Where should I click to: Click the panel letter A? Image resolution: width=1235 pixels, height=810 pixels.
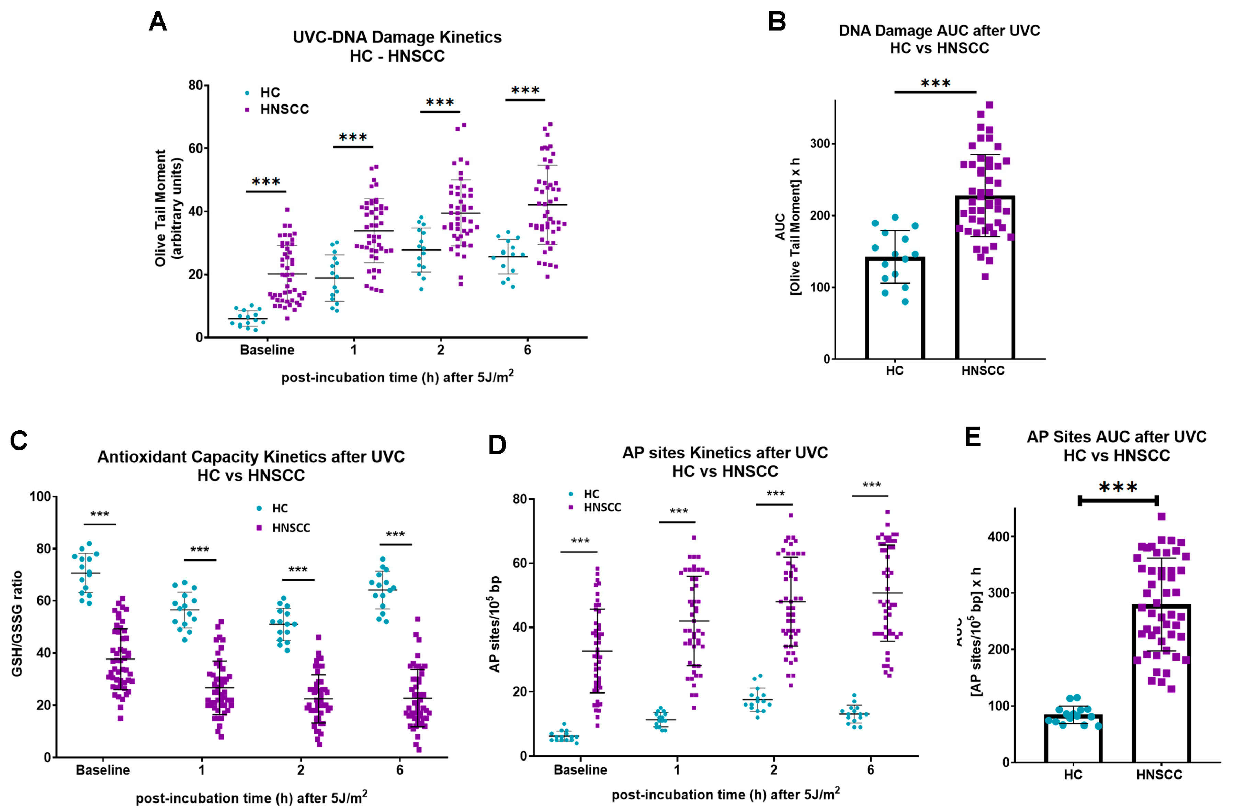click(158, 22)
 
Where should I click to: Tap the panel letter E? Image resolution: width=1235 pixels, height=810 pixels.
click(972, 437)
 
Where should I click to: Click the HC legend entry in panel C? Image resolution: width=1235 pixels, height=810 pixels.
click(279, 508)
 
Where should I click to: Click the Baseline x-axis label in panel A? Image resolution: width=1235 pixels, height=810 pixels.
click(267, 350)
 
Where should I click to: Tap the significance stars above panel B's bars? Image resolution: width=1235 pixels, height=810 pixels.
click(936, 84)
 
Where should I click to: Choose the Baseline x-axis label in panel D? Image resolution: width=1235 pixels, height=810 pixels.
click(580, 769)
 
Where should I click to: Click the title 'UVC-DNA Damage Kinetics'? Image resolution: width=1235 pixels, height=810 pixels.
click(397, 37)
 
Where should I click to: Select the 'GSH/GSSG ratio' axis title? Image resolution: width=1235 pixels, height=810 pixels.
click(17, 623)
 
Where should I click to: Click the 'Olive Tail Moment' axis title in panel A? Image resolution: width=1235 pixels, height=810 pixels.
click(161, 208)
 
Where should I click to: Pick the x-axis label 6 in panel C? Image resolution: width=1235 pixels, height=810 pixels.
click(399, 769)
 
